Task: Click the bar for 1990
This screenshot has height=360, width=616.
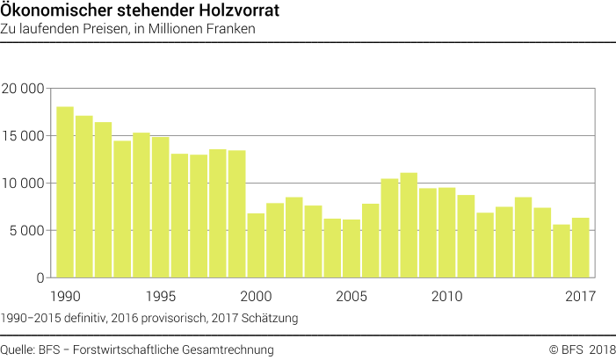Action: (64, 192)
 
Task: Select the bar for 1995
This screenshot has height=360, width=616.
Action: (160, 207)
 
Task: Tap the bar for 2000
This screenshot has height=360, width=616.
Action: (256, 245)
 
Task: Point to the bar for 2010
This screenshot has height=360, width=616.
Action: (447, 233)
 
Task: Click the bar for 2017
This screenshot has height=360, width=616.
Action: (581, 248)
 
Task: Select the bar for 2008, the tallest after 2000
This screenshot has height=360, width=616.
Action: (409, 225)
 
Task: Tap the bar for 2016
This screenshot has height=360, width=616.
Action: (562, 251)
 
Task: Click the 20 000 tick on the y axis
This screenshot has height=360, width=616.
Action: (24, 89)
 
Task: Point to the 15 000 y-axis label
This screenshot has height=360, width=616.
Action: (24, 136)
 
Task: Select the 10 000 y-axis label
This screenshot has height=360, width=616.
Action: (24, 184)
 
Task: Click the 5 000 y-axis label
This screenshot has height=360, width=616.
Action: (27, 231)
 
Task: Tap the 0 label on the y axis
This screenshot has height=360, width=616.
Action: (40, 278)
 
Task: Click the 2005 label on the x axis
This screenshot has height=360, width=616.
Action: (351, 295)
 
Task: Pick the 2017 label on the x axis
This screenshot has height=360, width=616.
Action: (580, 295)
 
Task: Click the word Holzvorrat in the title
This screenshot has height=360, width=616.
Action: (243, 11)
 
